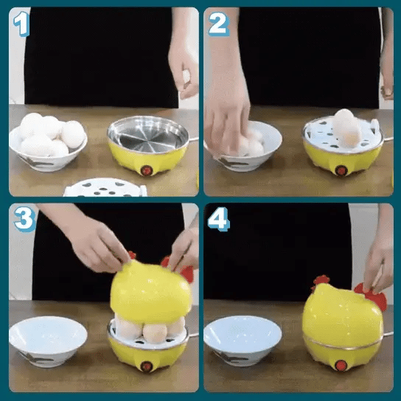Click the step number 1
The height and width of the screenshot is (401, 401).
tap(21, 24)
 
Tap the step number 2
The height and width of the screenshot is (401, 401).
tap(218, 24)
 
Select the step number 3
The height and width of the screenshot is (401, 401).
tap(24, 219)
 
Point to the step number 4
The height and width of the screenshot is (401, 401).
tap(219, 219)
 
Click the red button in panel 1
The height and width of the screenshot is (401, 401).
tap(146, 170)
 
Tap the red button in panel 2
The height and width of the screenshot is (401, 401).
tap(341, 170)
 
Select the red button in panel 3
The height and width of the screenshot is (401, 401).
tap(147, 366)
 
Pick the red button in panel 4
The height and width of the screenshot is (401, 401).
tap(341, 365)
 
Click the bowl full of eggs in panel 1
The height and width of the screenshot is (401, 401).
tap(48, 142)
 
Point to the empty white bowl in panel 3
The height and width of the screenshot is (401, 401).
tap(48, 341)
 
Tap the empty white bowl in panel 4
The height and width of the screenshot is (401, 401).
tap(243, 341)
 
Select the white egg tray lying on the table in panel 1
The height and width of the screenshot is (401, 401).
tap(105, 188)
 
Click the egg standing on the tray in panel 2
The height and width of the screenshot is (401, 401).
tap(347, 128)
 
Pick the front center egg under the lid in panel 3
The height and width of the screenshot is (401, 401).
tap(155, 333)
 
